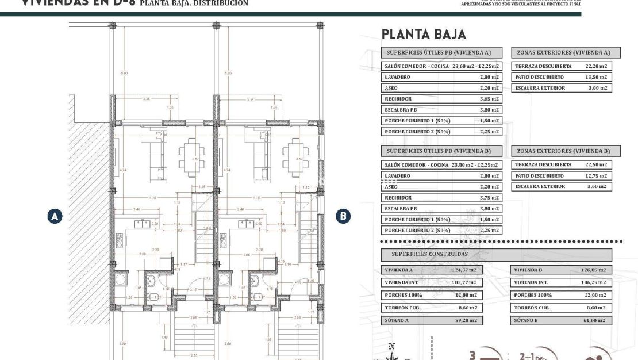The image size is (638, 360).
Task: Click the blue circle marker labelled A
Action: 55,216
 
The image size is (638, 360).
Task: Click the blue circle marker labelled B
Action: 343,216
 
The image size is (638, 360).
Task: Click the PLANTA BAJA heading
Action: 424,35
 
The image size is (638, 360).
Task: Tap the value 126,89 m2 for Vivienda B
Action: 593,270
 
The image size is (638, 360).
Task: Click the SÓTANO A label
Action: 394,320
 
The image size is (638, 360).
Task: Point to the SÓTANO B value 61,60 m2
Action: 593,320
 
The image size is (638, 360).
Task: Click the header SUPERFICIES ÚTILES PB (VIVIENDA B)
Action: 441,151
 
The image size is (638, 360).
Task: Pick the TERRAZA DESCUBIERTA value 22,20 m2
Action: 595,66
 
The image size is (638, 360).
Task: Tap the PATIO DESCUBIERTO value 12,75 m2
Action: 595,176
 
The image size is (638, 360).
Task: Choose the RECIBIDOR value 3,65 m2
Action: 489,99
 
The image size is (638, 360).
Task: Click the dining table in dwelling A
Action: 190,156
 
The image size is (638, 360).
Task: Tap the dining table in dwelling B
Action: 293,156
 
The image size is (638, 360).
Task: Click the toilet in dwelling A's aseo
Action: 152,297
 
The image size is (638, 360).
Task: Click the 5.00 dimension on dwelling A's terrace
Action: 124,74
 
